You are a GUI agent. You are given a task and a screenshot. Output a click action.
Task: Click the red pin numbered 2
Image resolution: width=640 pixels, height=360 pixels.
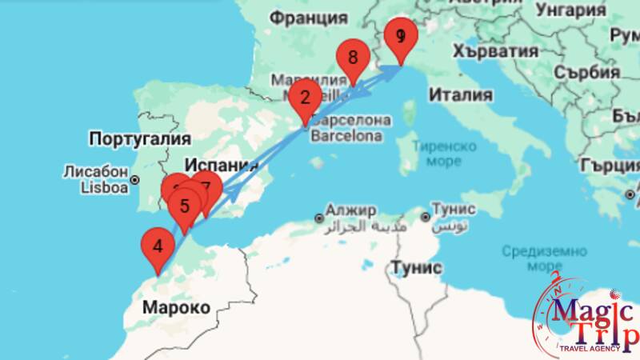click(x=304, y=98)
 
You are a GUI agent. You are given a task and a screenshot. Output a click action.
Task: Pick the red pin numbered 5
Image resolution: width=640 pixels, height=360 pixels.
click(x=185, y=206)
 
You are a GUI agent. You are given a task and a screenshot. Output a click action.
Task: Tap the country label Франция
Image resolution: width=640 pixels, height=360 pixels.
click(x=308, y=18)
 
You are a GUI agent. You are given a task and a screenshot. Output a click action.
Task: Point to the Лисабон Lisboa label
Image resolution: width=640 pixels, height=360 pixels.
click(x=96, y=179)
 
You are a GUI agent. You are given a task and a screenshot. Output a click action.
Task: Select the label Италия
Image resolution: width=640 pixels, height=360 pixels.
click(x=460, y=94)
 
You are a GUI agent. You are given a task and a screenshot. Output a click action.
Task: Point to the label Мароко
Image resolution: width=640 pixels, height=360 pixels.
click(x=176, y=307)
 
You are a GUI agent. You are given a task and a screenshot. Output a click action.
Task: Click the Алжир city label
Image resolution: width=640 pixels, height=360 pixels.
click(x=350, y=210)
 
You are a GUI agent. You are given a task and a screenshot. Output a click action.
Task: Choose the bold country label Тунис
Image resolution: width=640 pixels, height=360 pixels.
click(x=415, y=267)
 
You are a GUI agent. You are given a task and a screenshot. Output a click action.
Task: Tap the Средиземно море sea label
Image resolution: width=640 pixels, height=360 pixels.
click(x=534, y=258)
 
